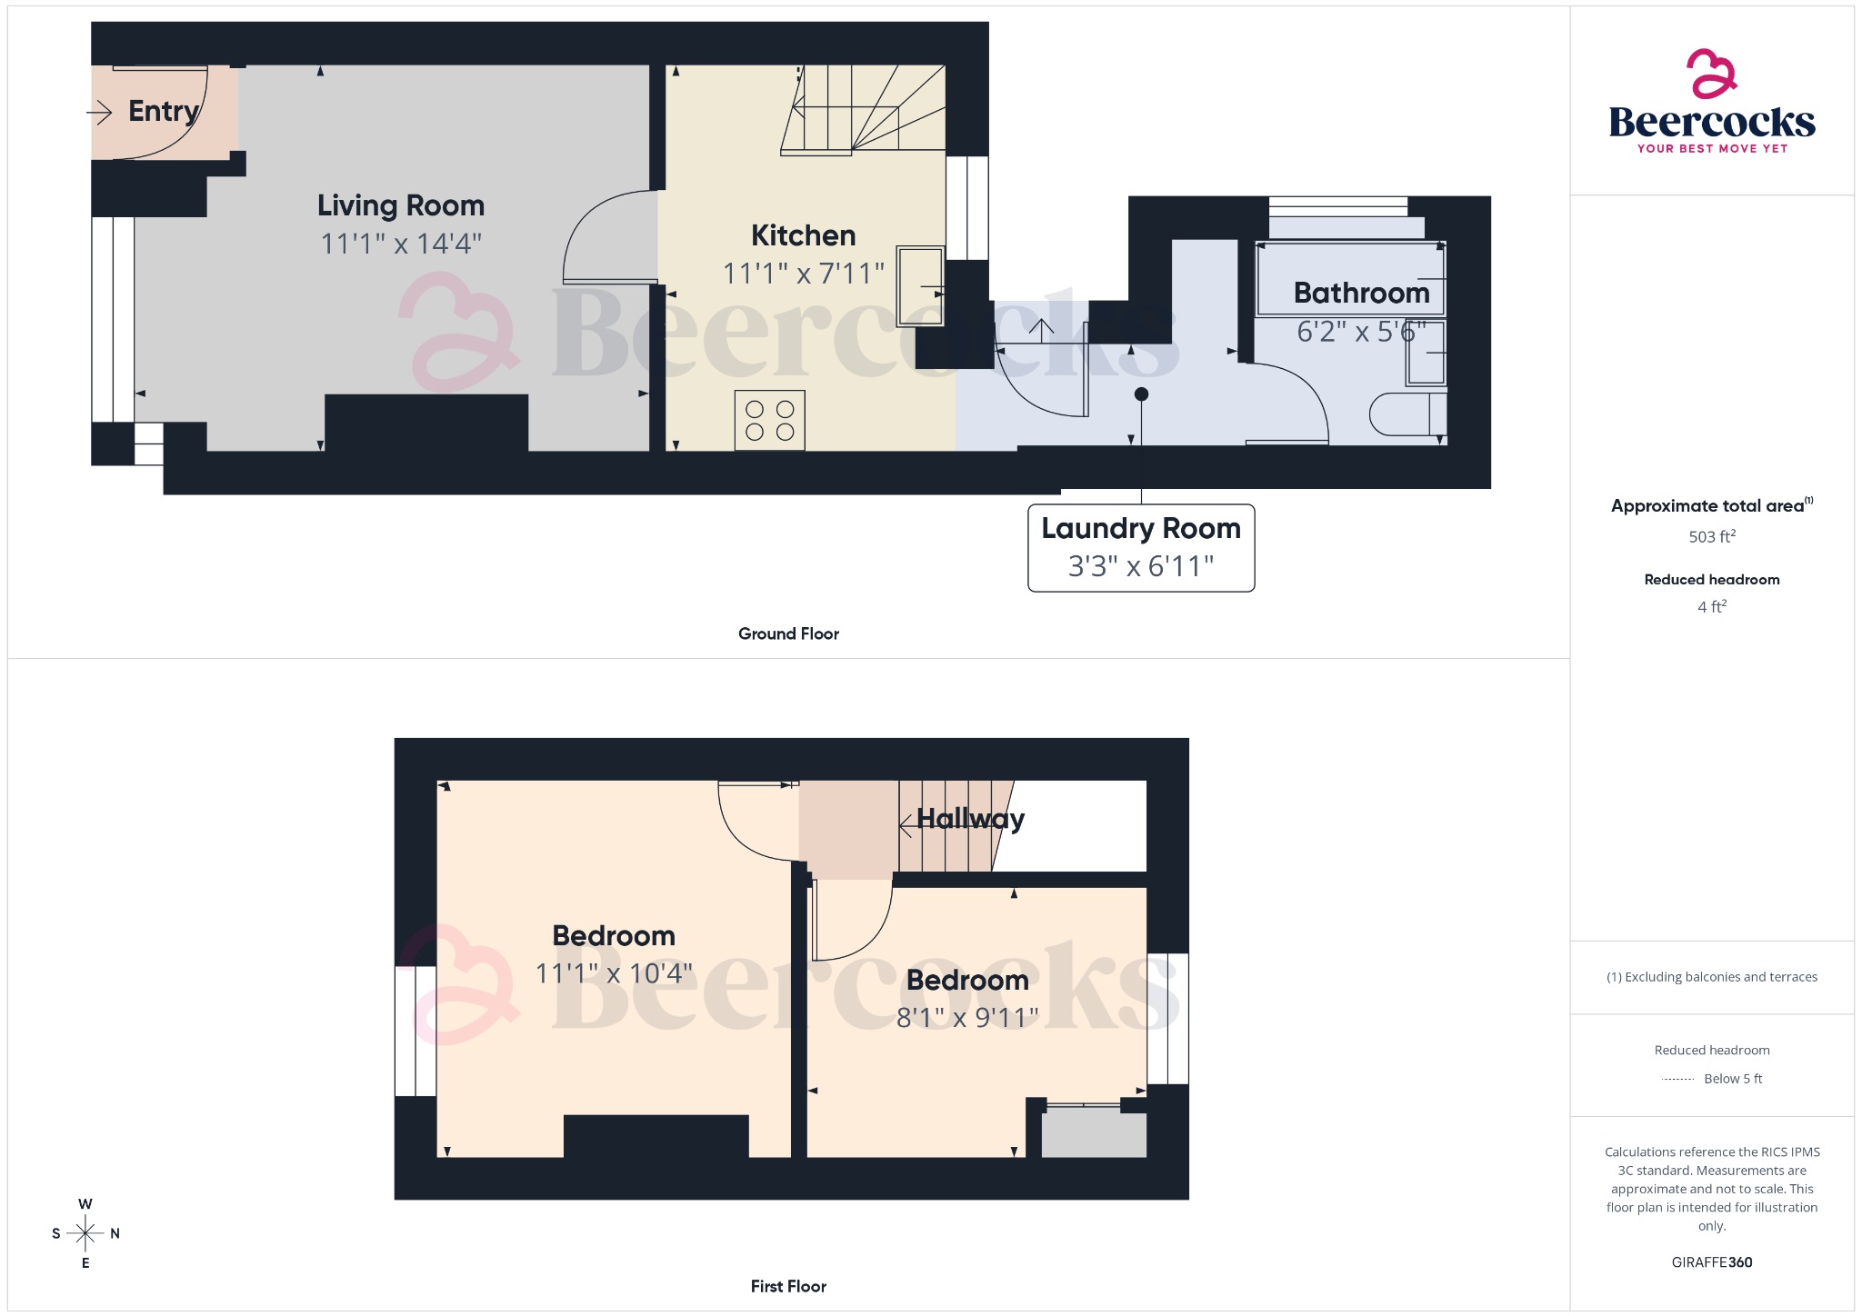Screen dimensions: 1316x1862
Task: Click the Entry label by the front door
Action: pos(164,111)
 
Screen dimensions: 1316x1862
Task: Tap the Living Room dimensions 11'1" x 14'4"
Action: pos(401,244)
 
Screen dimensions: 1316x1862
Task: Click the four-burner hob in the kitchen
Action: pos(770,421)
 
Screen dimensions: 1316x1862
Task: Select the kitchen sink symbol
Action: pos(920,286)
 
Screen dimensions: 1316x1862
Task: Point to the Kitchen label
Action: pos(803,235)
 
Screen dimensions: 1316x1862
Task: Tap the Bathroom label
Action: pos(1361,293)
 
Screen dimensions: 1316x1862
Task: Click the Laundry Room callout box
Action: pos(1141,548)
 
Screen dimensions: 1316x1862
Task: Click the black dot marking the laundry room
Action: pos(1142,394)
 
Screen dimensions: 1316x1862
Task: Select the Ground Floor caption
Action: pos(788,633)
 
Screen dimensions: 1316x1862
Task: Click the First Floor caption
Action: pos(788,1286)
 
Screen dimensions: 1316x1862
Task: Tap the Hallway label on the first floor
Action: pos(970,819)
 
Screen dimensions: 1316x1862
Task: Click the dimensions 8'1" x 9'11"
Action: pos(967,1017)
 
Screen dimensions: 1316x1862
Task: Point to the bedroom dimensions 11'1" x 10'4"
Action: pos(614,973)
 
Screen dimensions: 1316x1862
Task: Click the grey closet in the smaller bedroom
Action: pos(1094,1132)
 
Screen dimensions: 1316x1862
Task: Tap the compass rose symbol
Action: pos(85,1233)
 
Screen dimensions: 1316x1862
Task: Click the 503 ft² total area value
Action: pos(1711,536)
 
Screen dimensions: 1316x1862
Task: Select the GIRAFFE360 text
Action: pos(1711,1261)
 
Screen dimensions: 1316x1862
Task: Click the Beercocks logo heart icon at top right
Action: pos(1711,75)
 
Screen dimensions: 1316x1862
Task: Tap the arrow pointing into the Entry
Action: pos(99,112)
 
